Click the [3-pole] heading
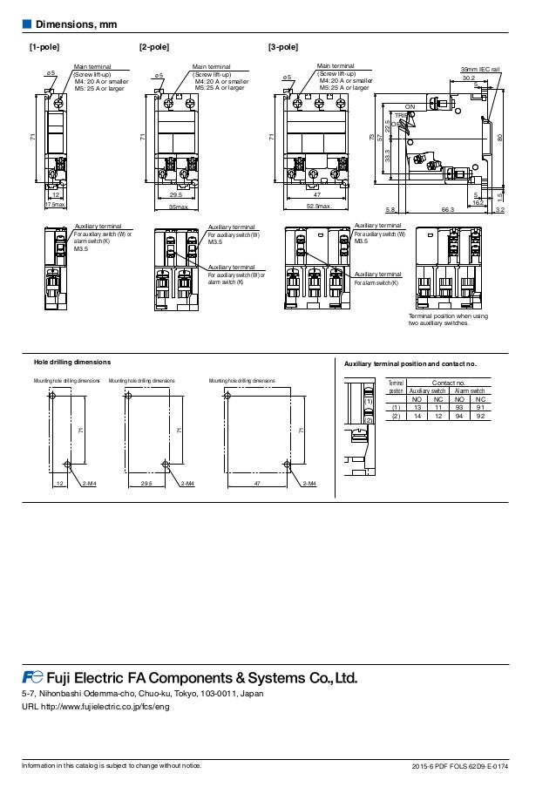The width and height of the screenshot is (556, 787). [283, 46]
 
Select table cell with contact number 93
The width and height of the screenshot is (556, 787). [458, 407]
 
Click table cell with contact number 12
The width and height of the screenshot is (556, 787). [437, 416]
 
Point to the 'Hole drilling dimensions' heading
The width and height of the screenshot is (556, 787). [72, 361]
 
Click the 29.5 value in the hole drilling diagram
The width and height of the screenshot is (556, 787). [146, 481]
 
